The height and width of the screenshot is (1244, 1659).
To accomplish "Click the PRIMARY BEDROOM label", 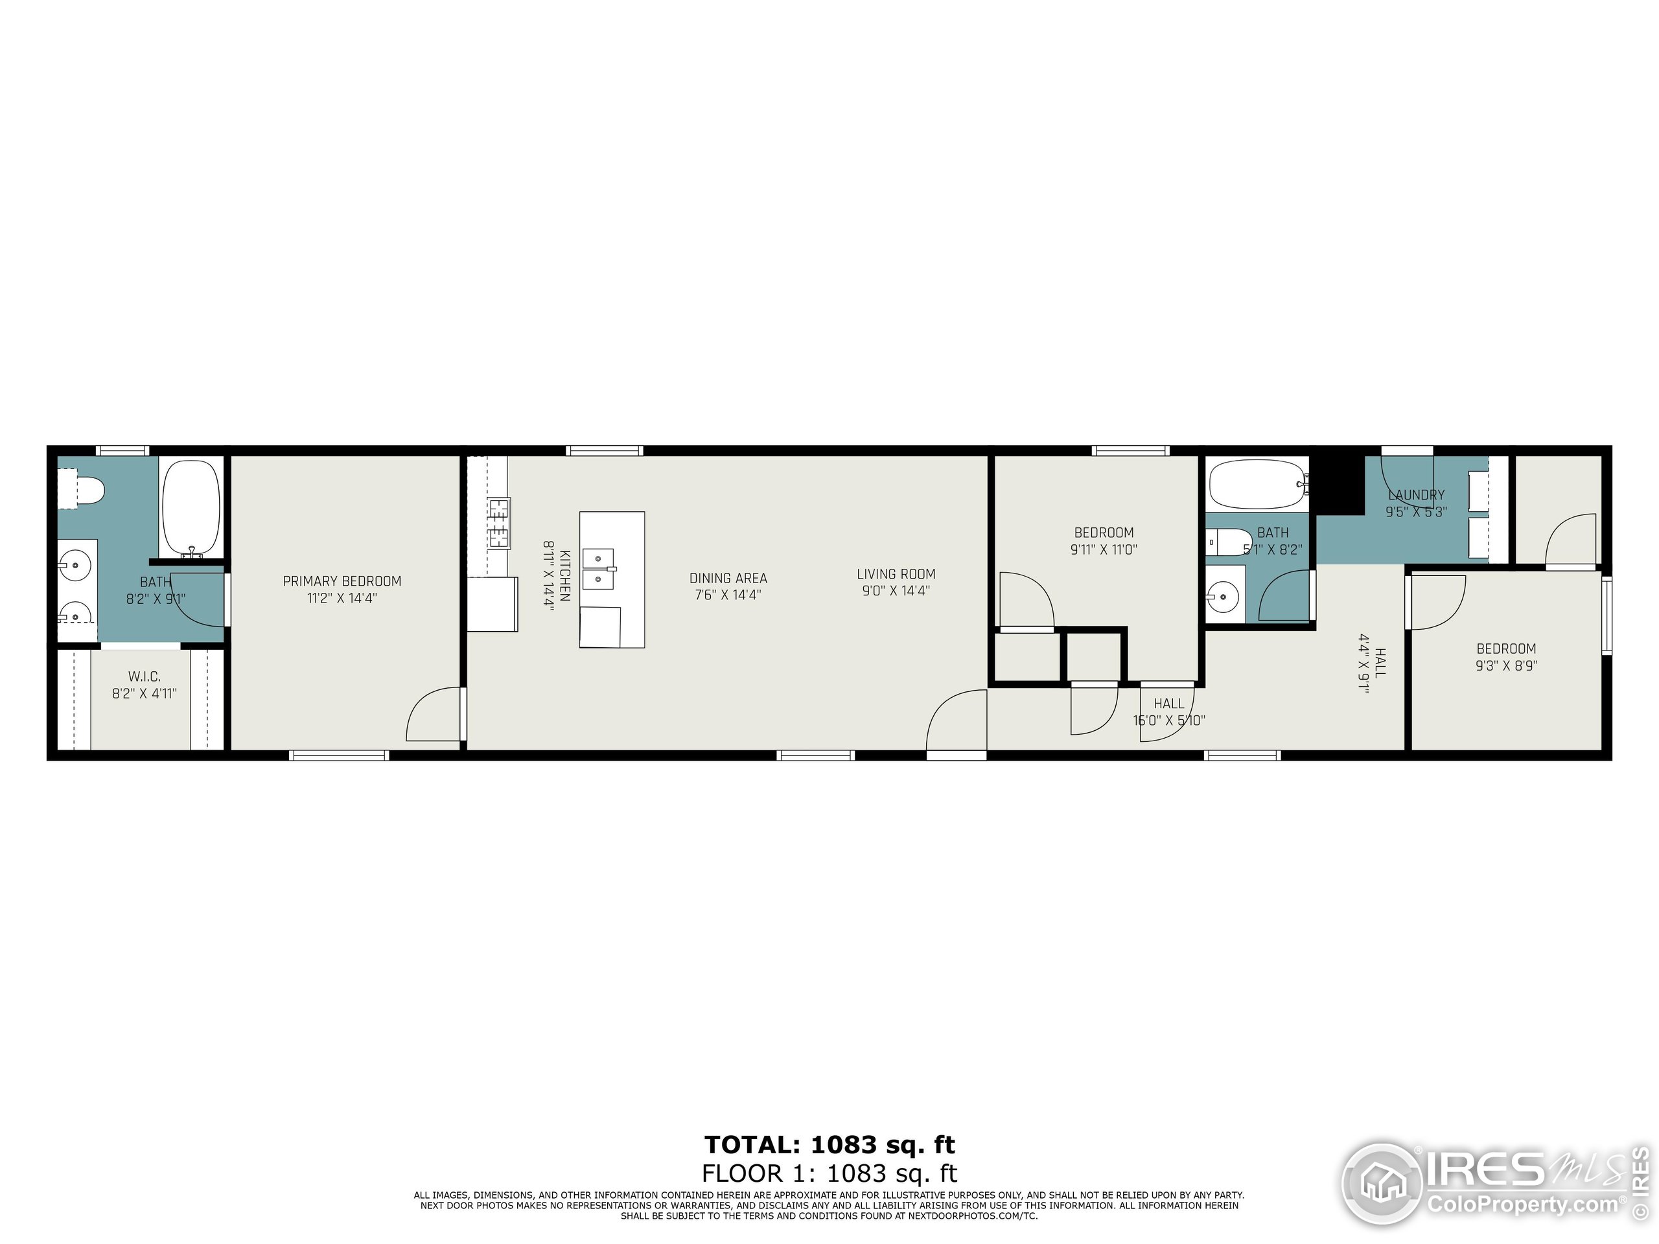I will click(342, 581).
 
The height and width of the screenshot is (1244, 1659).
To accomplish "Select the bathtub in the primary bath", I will click(192, 506).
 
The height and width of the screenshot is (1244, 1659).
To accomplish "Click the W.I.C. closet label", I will click(144, 676).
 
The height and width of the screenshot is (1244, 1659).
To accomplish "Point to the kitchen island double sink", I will click(599, 568).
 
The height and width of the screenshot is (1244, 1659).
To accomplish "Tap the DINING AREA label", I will click(728, 578).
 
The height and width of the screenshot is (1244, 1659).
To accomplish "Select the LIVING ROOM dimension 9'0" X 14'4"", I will click(896, 591).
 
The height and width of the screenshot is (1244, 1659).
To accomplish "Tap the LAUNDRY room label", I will click(1416, 495).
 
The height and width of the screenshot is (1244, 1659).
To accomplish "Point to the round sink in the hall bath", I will click(1224, 597).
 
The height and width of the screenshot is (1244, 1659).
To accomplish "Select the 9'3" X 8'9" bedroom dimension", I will click(1506, 665).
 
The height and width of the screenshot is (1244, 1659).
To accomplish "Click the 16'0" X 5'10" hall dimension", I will click(1168, 720).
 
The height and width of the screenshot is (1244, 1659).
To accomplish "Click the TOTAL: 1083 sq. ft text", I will click(829, 1145).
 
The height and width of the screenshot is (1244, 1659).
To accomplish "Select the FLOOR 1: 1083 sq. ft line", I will click(829, 1173).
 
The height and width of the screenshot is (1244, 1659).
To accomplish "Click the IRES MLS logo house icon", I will click(1381, 1185).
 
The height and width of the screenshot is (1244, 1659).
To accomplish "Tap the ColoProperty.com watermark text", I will click(1522, 1205).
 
